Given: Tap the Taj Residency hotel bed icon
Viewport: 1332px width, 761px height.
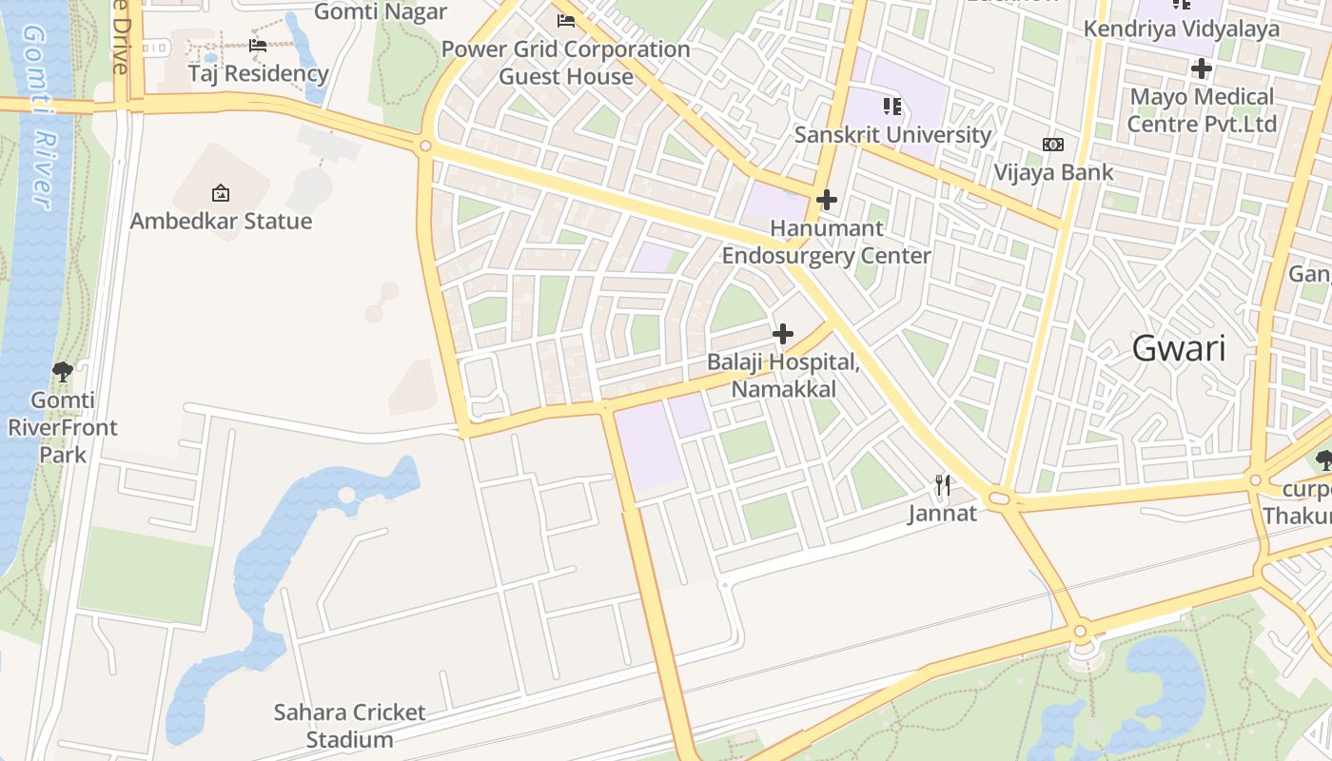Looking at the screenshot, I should click(x=258, y=45).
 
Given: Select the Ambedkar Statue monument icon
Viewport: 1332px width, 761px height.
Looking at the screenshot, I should click(x=221, y=193).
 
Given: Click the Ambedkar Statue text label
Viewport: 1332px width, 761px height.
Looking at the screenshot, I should click(x=221, y=221).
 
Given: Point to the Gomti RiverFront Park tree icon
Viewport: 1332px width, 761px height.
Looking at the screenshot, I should click(x=63, y=372).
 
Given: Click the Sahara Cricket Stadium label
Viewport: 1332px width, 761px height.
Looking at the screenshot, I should click(x=349, y=725).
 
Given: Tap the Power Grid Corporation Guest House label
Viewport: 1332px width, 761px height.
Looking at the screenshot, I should click(x=565, y=63).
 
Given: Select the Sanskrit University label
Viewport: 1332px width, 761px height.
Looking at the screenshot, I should click(x=891, y=134).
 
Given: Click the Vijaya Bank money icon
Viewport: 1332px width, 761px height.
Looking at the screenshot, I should click(x=1052, y=145).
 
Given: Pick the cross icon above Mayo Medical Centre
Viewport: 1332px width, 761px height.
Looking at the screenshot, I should click(x=1201, y=68).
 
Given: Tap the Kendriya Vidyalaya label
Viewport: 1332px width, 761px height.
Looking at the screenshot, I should click(x=1181, y=29).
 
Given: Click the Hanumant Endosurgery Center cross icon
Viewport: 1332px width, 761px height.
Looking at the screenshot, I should click(x=827, y=200).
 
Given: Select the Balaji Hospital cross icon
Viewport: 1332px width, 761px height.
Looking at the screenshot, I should click(x=783, y=334).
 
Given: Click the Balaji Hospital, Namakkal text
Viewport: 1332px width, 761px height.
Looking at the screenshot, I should click(x=783, y=376).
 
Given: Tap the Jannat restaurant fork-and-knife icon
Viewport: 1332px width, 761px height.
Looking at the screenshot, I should click(x=942, y=486).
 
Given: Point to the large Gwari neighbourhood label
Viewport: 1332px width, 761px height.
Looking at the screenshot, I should click(x=1178, y=348).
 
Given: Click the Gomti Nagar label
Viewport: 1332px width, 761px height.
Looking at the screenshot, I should click(x=380, y=11).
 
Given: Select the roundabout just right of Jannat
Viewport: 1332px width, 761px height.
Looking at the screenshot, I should click(x=1000, y=498).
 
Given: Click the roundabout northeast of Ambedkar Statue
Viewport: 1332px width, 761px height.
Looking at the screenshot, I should click(x=425, y=146).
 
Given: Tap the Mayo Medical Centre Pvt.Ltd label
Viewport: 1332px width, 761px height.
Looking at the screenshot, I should click(x=1201, y=110).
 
